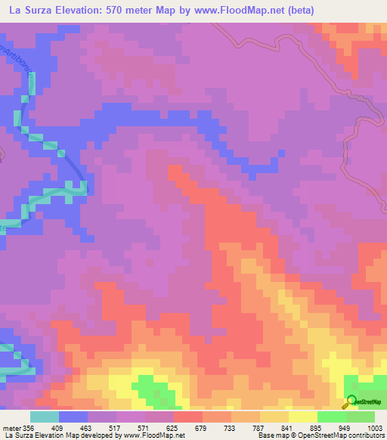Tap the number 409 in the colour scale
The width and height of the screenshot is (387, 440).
point(58,427)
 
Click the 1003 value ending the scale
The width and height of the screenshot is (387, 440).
point(376,427)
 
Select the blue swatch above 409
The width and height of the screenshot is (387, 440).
point(73,417)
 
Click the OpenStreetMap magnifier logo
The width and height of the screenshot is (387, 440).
point(351,401)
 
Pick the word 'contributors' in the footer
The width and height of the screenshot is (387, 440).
point(366,436)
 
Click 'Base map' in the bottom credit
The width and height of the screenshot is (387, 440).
point(273,436)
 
